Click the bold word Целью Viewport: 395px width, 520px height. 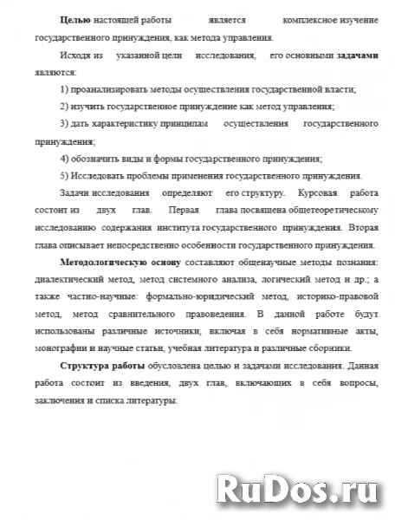point(75,19)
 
